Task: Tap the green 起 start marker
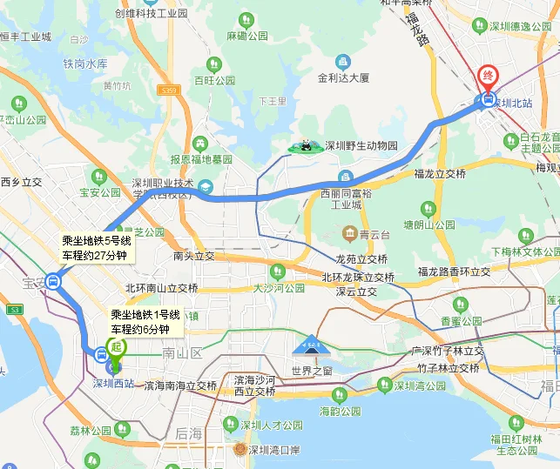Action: point(116,346)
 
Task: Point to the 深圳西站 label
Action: point(113,384)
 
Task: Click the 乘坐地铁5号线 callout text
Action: point(96,241)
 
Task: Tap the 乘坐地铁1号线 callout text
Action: point(145,314)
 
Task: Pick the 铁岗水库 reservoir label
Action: point(84,64)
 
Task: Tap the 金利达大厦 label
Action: point(343,77)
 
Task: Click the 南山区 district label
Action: point(181,352)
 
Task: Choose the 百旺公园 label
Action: point(214,80)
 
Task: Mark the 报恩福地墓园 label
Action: point(201,159)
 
